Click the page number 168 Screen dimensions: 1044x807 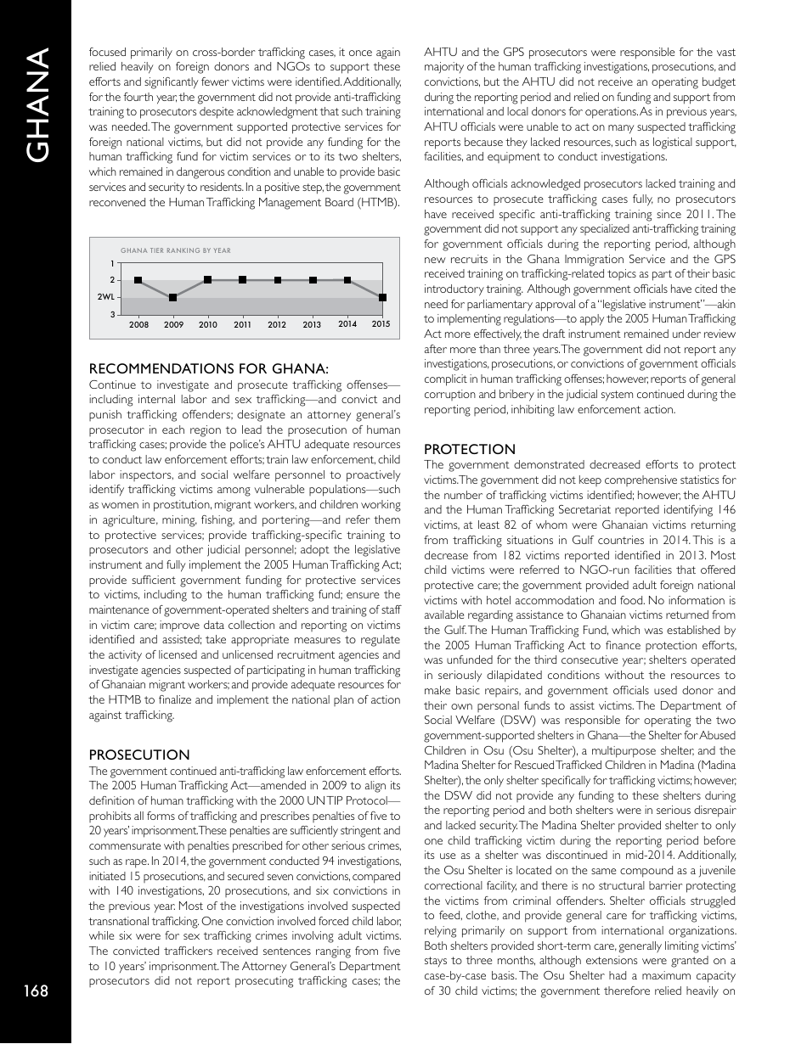coord(36,991)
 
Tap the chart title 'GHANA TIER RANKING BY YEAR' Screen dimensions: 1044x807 coord(176,250)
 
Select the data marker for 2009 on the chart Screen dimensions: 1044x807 coord(172,297)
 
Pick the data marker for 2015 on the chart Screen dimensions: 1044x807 coord(383,297)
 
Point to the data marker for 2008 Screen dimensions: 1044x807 coord(138,280)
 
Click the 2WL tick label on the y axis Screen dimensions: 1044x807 coord(105,297)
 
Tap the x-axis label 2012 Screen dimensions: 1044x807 coord(277,325)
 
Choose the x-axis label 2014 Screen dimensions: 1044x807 coord(347,324)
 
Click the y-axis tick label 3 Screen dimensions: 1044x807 coord(111,315)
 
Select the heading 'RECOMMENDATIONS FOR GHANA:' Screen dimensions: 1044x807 coord(208,368)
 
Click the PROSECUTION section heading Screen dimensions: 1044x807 coord(139,755)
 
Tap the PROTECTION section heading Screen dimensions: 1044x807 coord(469,449)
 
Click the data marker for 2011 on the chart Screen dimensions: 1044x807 coord(243,280)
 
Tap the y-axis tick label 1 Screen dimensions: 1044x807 coord(111,263)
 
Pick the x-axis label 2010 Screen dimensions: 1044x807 coord(207,325)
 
